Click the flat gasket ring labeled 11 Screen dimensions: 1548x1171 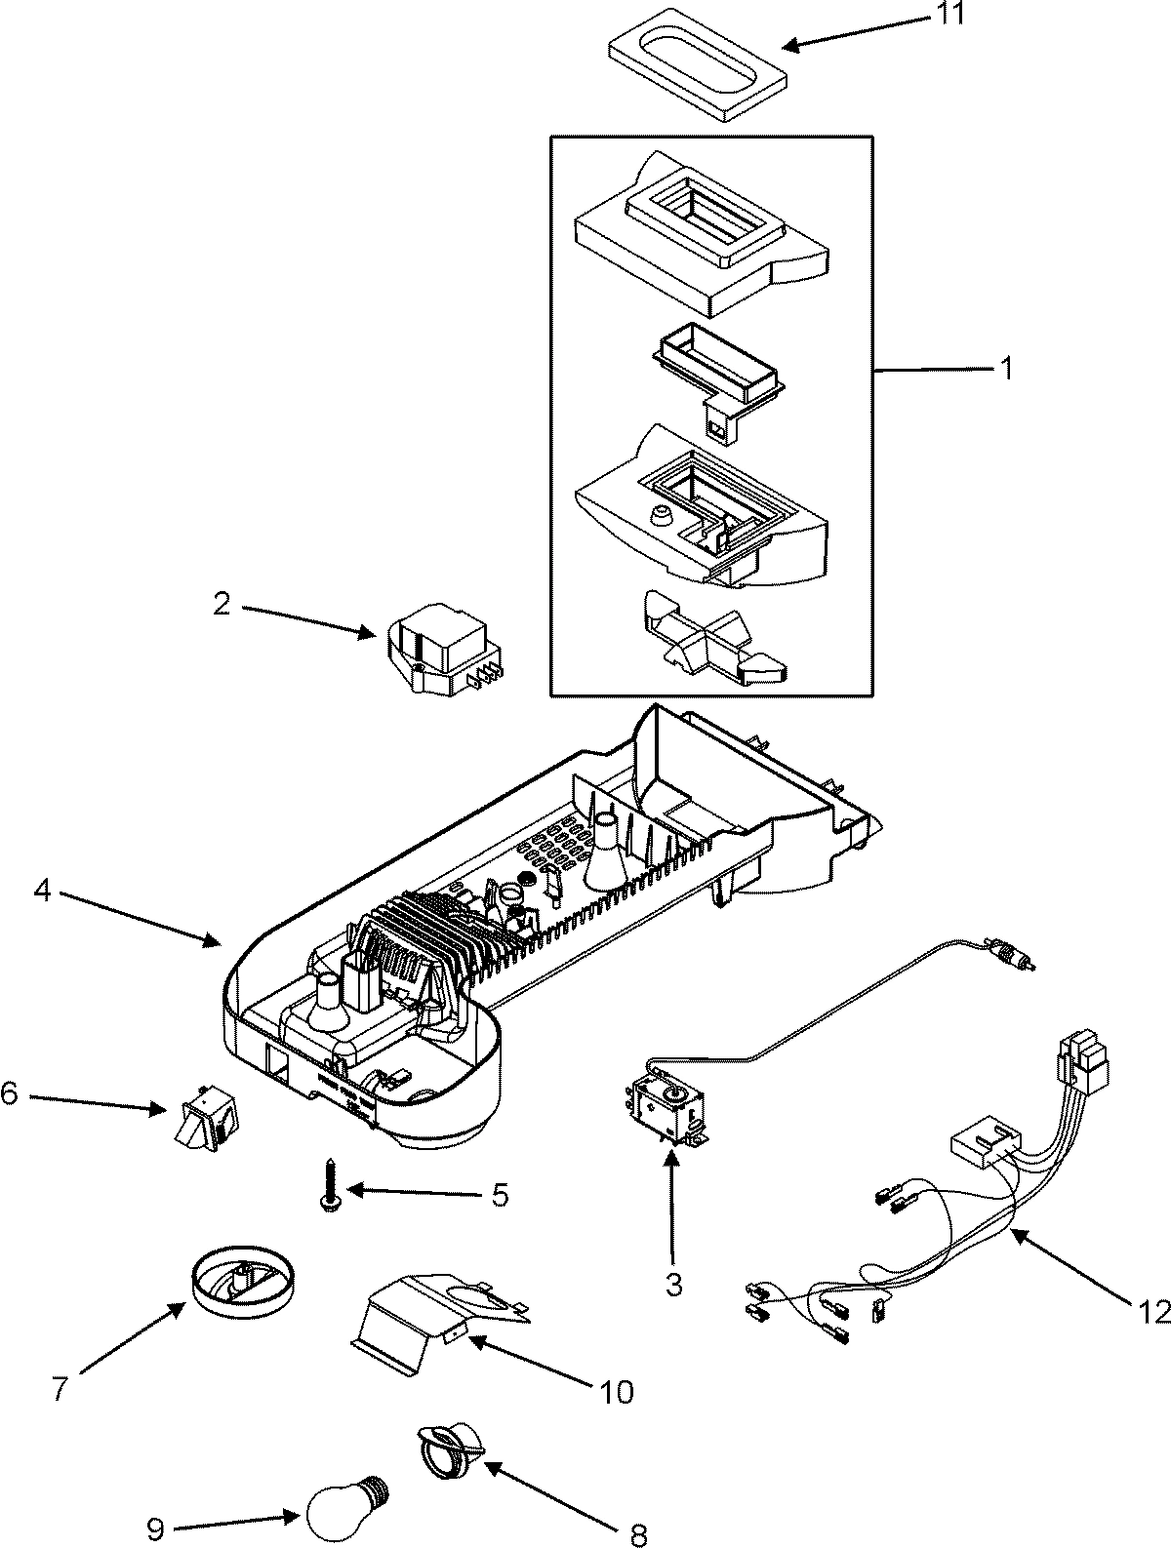693,74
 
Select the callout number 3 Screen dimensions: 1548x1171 673,1284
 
